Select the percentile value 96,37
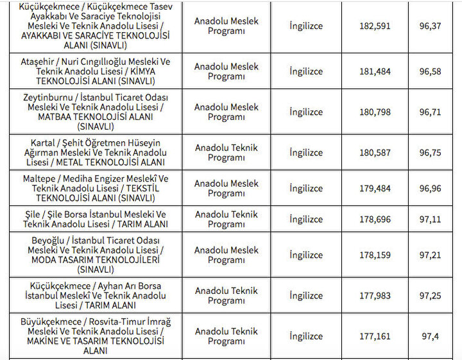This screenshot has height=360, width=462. pyautogui.click(x=431, y=26)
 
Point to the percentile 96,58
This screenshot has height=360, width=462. pyautogui.click(x=431, y=71)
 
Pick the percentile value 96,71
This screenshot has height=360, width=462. pyautogui.click(x=431, y=112)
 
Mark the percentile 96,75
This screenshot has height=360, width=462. pyautogui.click(x=431, y=153)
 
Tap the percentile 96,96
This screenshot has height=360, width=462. pyautogui.click(x=431, y=189)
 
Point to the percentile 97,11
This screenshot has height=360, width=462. pyautogui.click(x=431, y=219)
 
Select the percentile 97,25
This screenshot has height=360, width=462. pyautogui.click(x=431, y=296)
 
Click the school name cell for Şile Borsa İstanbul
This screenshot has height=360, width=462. pyautogui.click(x=95, y=219)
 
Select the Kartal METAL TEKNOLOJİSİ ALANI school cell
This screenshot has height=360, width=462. pyautogui.click(x=95, y=153)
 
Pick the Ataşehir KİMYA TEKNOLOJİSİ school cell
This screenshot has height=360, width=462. pyautogui.click(x=95, y=71)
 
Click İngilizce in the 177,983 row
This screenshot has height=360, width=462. pyautogui.click(x=306, y=296)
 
